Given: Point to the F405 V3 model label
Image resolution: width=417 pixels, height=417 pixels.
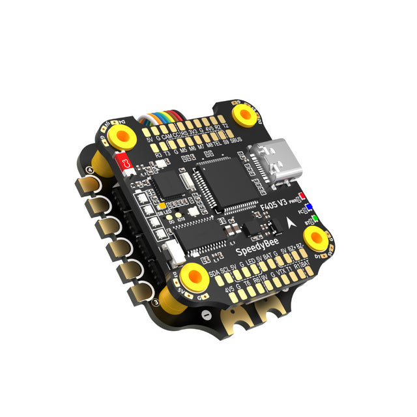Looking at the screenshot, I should point(272,210).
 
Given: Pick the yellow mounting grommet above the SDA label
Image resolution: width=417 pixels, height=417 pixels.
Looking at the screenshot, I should point(192,276).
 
